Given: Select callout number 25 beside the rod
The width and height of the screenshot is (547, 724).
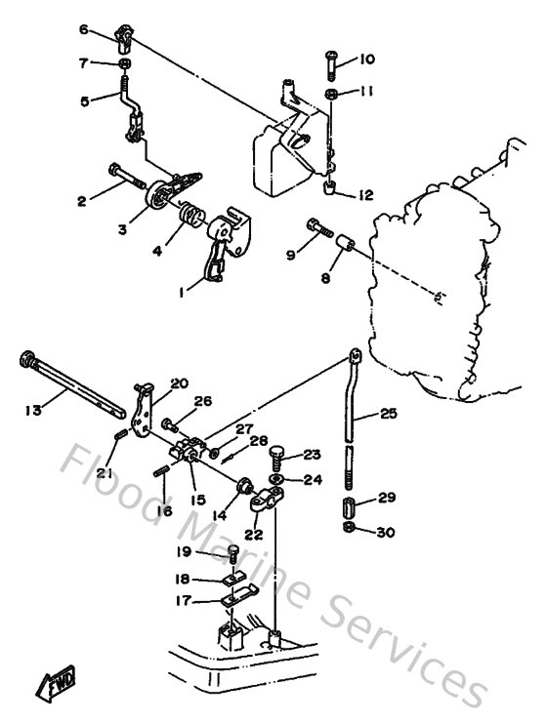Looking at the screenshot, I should [x=389, y=415].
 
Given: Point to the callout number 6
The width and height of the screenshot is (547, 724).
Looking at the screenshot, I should [x=84, y=30].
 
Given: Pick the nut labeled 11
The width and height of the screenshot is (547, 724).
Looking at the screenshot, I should [x=333, y=94].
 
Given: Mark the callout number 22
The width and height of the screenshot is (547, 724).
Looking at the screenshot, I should [x=256, y=534].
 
